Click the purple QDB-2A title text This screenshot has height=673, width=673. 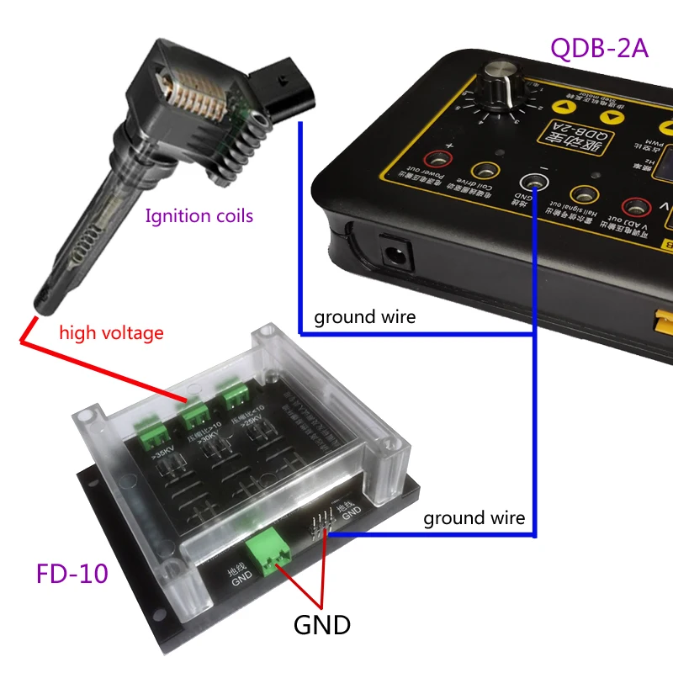pos(599,47)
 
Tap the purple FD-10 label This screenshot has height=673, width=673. pos(72,574)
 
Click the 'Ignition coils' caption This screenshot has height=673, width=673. pos(199,216)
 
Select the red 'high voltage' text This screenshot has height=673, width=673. pos(111,332)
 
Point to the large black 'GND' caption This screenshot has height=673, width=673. pos(321,625)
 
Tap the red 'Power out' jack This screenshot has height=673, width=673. pos(437,159)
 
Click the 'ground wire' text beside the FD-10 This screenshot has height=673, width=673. pos(474,517)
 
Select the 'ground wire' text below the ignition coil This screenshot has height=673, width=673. pos(365,317)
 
